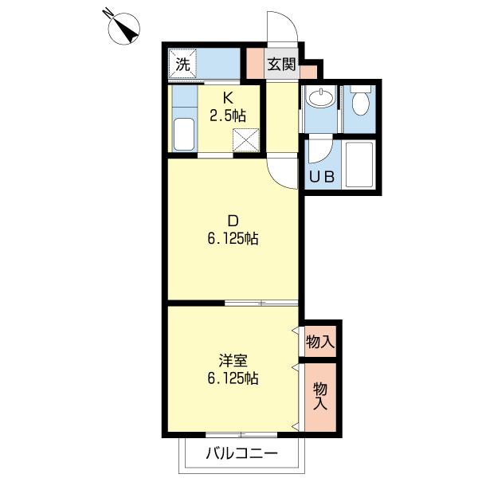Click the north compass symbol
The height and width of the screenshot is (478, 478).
click(123, 29)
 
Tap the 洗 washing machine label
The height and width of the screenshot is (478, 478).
click(182, 65)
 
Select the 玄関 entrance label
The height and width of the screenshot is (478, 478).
click(282, 65)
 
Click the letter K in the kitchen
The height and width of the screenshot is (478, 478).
click(228, 98)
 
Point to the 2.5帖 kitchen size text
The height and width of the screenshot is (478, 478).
click(227, 116)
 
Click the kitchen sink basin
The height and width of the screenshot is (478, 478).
click(184, 135)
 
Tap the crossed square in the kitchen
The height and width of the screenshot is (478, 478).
click(245, 140)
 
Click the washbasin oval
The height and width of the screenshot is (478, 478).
click(321, 97)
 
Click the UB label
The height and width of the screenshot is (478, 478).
click(322, 177)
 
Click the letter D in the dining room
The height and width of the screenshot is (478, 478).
click(233, 221)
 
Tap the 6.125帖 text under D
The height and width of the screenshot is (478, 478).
click(233, 239)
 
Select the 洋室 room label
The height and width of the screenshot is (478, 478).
click(233, 361)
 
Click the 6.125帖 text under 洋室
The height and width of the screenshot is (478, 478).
click(233, 378)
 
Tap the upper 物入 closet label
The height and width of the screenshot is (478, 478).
click(320, 342)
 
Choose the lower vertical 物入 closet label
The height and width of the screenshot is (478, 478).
click(320, 396)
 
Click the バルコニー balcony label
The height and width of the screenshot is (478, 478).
click(242, 453)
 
